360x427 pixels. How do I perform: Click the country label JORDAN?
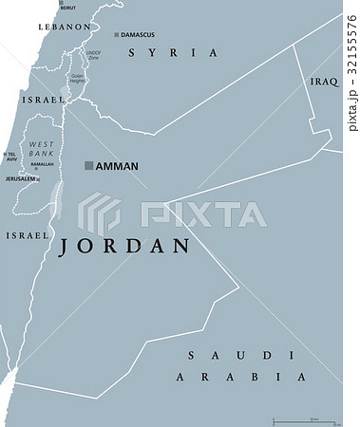[x=124, y=247]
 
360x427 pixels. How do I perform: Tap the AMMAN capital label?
[x=117, y=166]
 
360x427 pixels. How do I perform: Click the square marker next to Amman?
[x=88, y=166]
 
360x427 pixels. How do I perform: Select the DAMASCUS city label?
[x=138, y=35]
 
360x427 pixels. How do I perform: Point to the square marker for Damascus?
[x=117, y=35]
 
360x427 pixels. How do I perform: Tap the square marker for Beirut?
[x=61, y=5]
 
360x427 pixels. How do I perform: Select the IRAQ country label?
[x=324, y=83]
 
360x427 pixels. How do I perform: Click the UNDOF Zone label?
[x=93, y=55]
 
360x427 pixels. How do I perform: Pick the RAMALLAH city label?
[x=42, y=163]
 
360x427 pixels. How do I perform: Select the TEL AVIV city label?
[x=10, y=157]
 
